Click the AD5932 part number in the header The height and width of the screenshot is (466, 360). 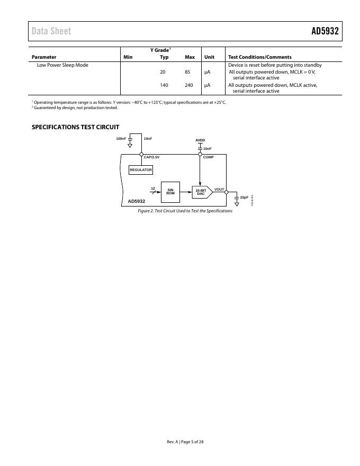point(325,31)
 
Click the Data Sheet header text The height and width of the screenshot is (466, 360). point(51,31)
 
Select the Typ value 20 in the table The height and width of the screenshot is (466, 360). point(163,72)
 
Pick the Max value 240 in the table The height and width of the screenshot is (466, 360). point(189,85)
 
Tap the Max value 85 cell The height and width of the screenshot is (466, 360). point(187,72)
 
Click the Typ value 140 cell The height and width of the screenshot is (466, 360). point(164,85)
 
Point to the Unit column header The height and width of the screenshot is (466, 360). point(209,57)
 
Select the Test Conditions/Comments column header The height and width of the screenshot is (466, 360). point(259,57)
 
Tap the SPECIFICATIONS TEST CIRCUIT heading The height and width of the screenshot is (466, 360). point(75,127)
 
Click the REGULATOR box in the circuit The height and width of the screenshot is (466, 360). point(141,170)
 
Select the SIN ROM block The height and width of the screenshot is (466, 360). point(170,192)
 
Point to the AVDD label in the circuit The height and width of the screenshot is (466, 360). point(200,140)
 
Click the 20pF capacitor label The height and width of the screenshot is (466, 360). point(244,197)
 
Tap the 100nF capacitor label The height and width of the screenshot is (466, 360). point(121,139)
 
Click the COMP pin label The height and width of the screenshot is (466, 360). point(208,157)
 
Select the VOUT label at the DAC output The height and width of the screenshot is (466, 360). point(219,189)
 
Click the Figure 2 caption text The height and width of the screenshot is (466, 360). point(185,211)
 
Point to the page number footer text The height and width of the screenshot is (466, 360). point(185,442)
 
